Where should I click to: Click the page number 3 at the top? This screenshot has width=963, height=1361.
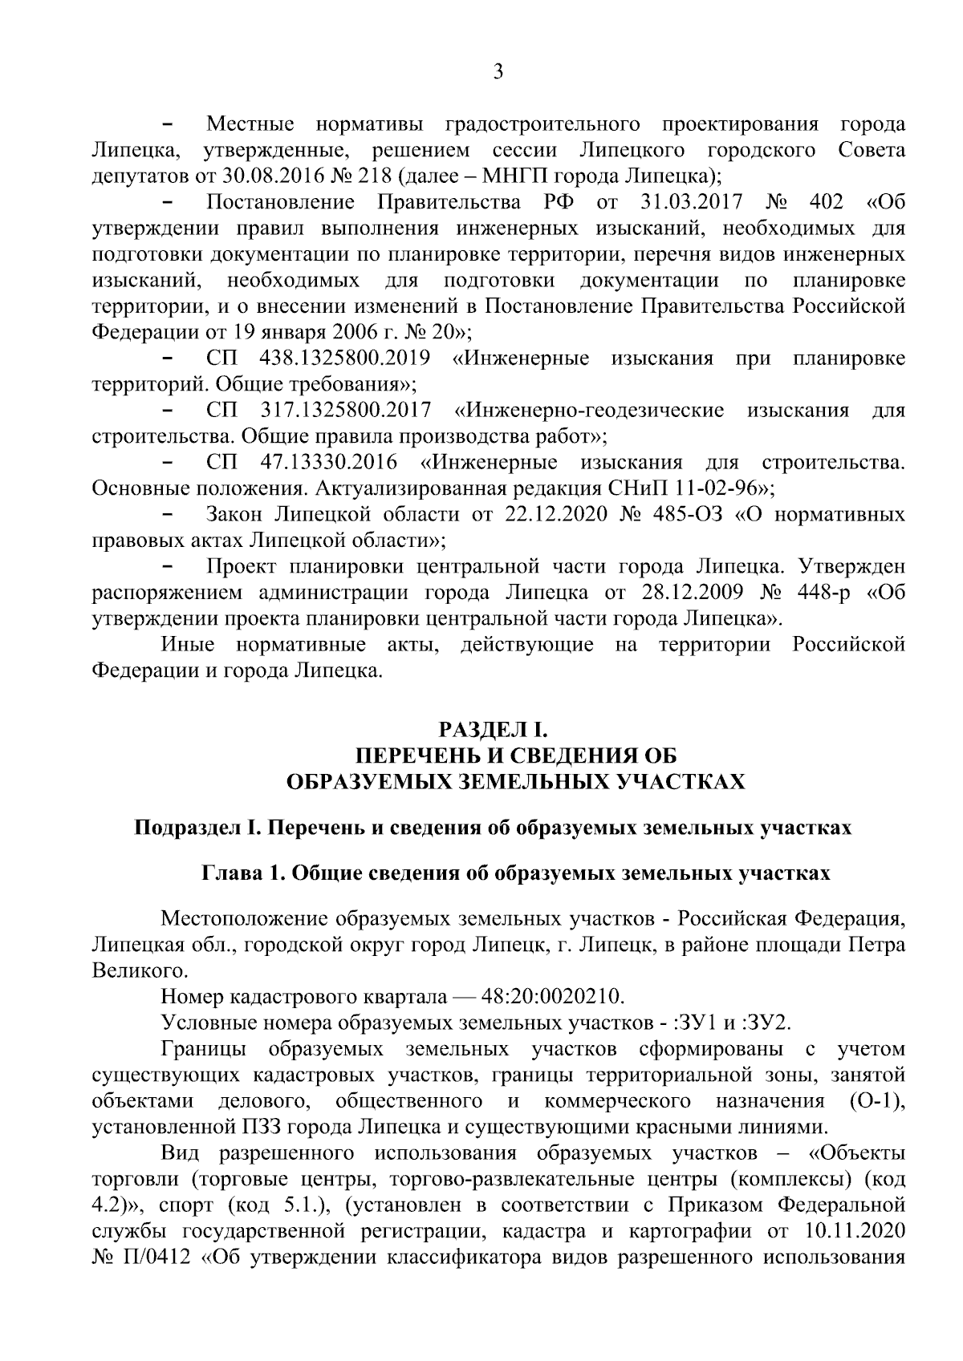click(498, 72)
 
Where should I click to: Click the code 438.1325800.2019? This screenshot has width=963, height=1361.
click(345, 358)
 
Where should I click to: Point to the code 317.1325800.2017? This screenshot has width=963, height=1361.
click(346, 411)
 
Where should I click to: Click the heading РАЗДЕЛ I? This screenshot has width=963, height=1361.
click(492, 730)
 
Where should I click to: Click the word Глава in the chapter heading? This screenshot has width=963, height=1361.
click(228, 873)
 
